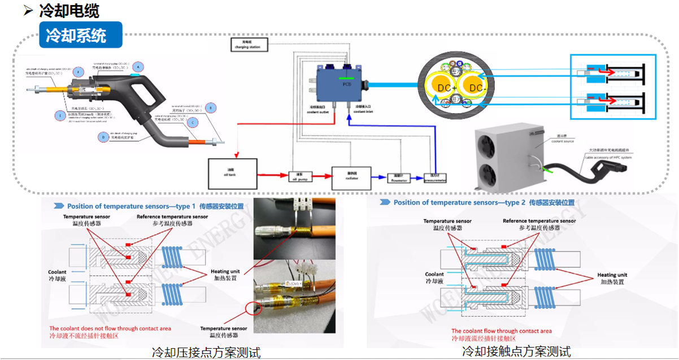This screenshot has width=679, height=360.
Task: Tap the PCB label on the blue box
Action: pyautogui.click(x=347, y=83)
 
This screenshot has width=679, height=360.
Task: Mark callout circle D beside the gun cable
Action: pyautogui.click(x=102, y=136)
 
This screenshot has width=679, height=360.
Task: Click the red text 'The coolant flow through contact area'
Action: pyautogui.click(x=500, y=331)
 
